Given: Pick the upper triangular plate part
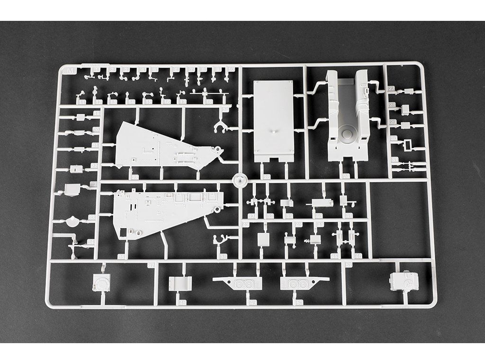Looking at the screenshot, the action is [161, 146].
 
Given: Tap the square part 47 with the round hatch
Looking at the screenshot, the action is [102, 283].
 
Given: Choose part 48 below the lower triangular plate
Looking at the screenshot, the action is [180, 283].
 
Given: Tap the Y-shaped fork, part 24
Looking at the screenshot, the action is [220, 126].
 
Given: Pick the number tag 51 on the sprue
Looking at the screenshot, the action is [349, 264].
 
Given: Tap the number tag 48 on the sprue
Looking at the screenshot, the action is [182, 302].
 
